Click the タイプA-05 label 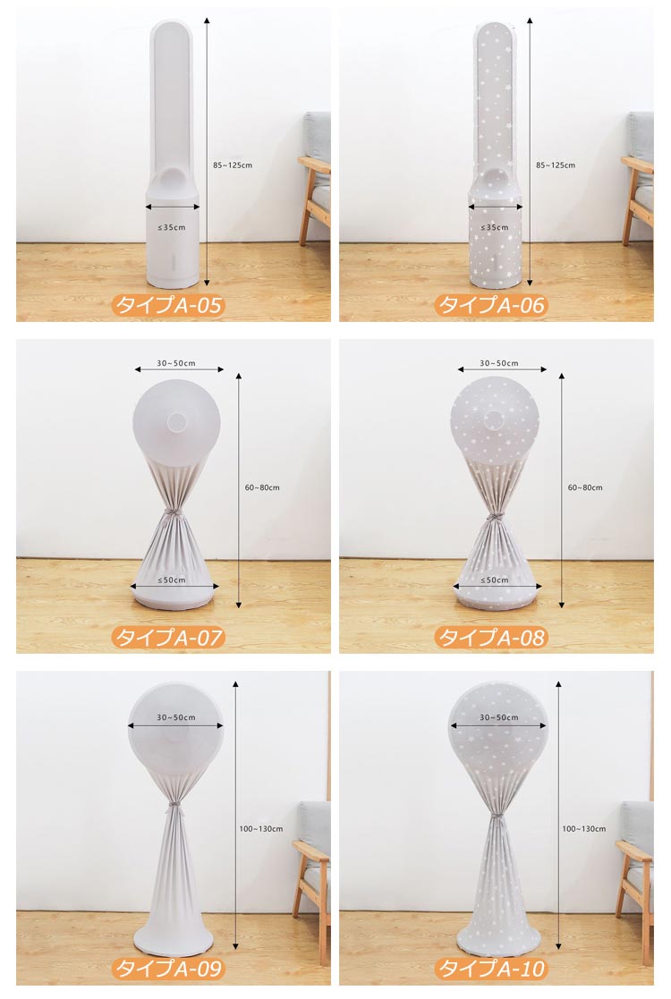coord(168,305)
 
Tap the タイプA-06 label coord(491,305)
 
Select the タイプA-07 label coord(168,637)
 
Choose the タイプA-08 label coord(491,637)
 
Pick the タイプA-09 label coord(168,969)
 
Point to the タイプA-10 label coord(491,969)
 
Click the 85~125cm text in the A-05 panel coord(233,165)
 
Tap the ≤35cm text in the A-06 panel coord(495,227)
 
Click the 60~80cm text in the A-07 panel coord(262,487)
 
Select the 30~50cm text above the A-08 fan coord(499,363)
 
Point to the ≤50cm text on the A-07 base coord(172,580)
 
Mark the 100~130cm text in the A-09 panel coord(260,829)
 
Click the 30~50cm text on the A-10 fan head coord(499,717)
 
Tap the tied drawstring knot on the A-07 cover coord(171,514)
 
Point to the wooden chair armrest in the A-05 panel coord(314,165)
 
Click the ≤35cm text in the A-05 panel coord(172,227)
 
